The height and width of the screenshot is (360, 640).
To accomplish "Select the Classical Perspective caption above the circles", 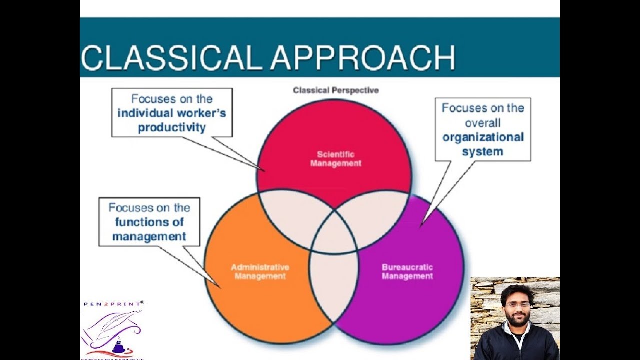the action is point(336,91).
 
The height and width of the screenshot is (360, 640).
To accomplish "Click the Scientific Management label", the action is point(335,159).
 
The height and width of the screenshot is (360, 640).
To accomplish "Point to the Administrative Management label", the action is point(260,271).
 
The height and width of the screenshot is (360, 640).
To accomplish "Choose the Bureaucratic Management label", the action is point(407,271).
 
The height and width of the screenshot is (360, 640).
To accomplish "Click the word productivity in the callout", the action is point(172,127).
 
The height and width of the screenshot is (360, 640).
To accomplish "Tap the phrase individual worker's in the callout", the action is point(172,113).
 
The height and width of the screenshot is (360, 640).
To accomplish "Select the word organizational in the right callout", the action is point(483,137).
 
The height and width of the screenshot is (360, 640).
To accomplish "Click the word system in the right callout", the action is point(482,151).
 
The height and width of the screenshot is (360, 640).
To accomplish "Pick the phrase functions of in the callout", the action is point(149,222).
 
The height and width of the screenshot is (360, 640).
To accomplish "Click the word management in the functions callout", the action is point(149,236).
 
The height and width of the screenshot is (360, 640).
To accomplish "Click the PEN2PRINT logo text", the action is point(113,303).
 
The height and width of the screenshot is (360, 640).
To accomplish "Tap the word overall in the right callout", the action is point(483,123).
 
